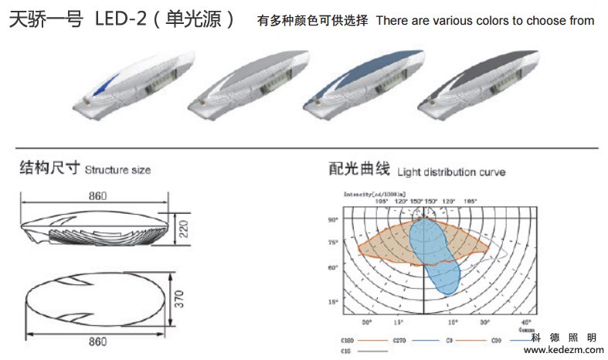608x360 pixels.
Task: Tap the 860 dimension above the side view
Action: coord(97,196)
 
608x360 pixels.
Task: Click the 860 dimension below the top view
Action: coord(97,341)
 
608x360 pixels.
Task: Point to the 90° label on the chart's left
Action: coord(334,220)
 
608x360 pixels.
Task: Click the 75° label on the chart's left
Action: coord(334,243)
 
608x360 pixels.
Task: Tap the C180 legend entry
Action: coord(348,340)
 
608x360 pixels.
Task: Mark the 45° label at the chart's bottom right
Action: coord(525,321)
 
